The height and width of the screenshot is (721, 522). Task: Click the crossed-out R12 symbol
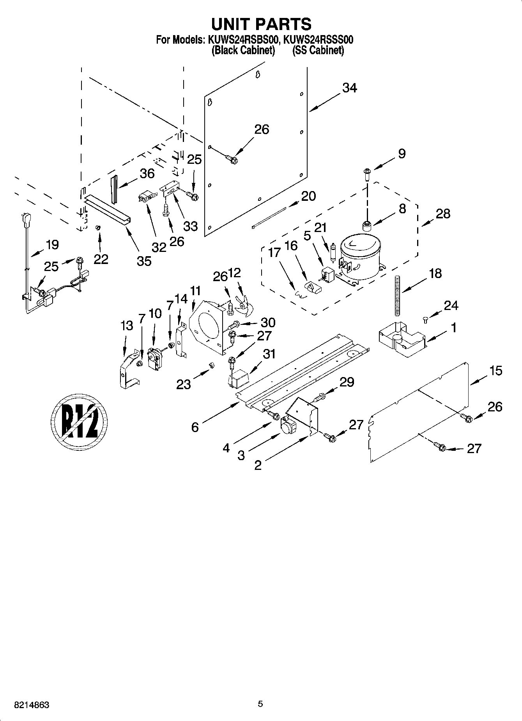click(x=79, y=421)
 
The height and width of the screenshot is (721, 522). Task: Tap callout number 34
click(x=349, y=88)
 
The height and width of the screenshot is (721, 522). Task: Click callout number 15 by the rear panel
click(x=495, y=370)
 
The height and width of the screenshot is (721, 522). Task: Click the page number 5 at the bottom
click(x=260, y=704)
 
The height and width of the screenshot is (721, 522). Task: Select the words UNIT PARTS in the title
click(x=261, y=24)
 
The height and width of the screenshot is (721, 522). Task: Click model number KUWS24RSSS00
click(x=319, y=40)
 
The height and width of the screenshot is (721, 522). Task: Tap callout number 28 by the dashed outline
click(x=443, y=214)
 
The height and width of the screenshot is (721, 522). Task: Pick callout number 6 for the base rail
click(x=195, y=427)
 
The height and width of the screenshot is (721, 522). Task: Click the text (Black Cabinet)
click(x=243, y=50)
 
